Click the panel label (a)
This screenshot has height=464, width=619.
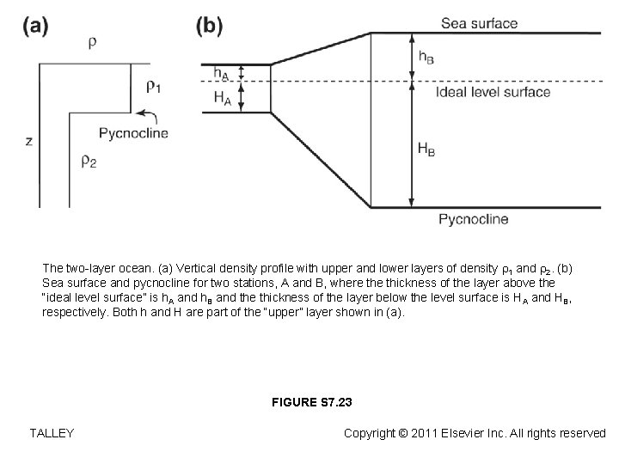point(35,25)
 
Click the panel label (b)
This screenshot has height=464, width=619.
point(210,25)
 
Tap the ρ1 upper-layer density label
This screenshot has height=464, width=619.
point(153,85)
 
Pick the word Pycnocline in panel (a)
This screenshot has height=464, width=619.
point(133,133)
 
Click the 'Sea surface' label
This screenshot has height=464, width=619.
point(479,23)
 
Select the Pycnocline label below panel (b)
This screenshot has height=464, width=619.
point(474,219)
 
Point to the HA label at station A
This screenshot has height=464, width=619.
point(222,98)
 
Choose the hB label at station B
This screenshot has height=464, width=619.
point(425,56)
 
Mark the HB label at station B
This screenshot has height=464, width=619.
point(426,149)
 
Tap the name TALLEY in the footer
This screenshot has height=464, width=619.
point(51,433)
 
